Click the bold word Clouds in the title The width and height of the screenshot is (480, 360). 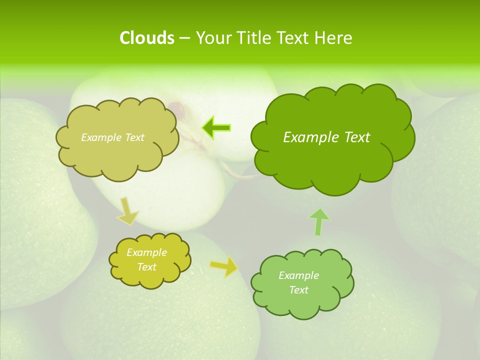point(147,38)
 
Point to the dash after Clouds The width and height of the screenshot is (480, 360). point(184,38)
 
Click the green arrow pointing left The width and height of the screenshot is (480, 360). point(216,128)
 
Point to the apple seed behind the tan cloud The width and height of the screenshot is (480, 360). point(176,106)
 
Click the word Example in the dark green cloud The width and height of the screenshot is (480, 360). point(308,137)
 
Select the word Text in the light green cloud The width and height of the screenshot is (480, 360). point(298,290)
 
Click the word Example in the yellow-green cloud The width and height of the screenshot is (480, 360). point(146,252)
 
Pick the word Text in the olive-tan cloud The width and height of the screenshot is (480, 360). point(133,137)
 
